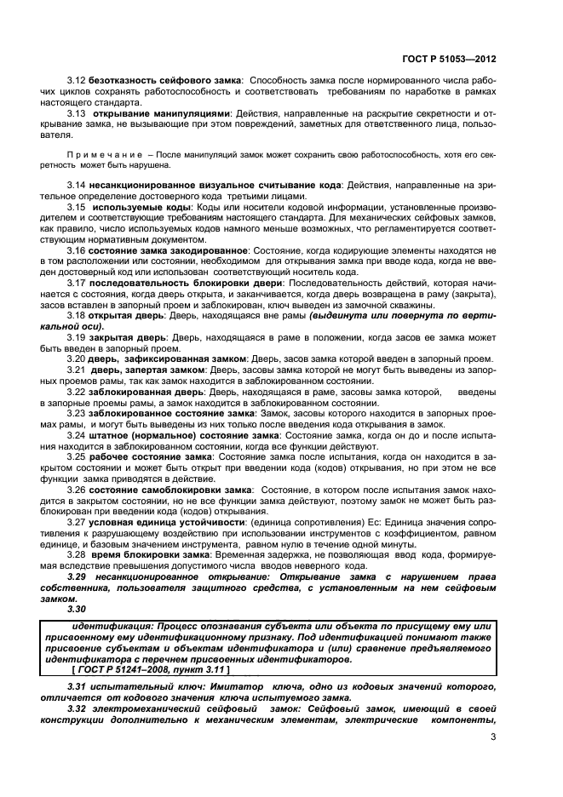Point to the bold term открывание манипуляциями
click(x=161, y=112)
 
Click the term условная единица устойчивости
click(x=167, y=521)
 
